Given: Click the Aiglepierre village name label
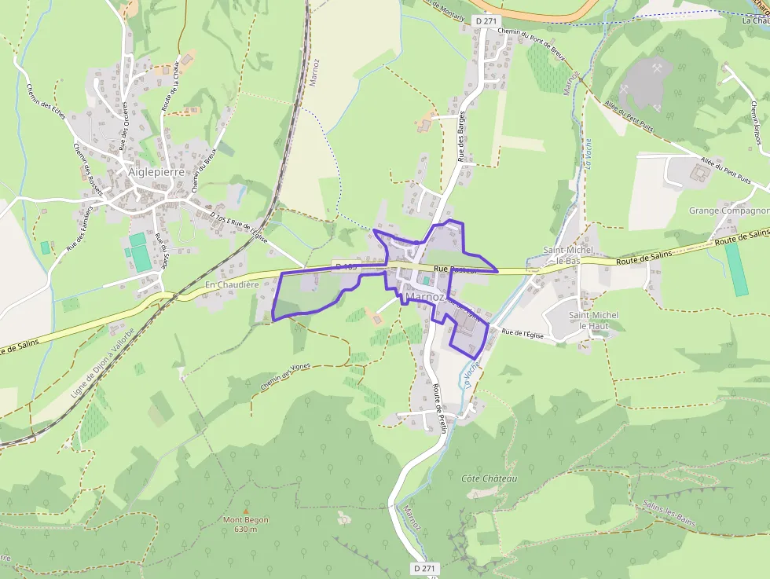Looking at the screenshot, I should (156, 171).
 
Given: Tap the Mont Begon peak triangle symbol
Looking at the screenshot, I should (246, 510).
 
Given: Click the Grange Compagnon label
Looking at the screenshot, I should (728, 211).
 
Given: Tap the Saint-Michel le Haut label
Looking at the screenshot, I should (593, 320).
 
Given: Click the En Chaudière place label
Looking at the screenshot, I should (232, 284).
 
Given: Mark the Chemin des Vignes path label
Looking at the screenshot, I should (285, 381).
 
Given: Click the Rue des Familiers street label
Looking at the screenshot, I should (79, 229).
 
